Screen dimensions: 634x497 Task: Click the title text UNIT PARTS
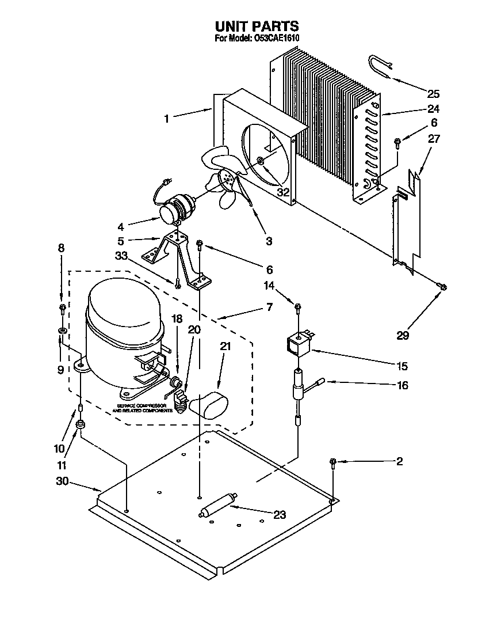[257, 26]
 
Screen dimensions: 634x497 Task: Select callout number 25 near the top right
[433, 94]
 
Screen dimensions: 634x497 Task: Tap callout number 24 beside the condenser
[433, 109]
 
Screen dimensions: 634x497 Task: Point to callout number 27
[433, 138]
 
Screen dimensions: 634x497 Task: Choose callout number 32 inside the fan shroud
[282, 192]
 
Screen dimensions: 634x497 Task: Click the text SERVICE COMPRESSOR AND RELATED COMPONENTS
[145, 408]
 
